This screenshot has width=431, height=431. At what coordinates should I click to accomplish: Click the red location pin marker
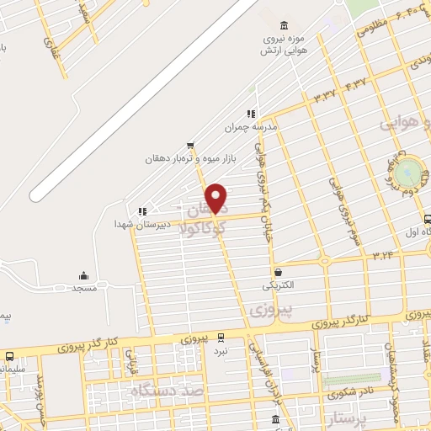(216, 198)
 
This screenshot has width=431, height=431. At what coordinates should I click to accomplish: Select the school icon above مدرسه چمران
(250, 114)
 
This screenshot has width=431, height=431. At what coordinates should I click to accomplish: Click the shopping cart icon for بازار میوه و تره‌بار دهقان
(190, 145)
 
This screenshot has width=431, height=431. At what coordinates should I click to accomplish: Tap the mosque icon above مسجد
(83, 275)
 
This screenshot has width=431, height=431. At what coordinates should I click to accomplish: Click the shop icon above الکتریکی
(279, 272)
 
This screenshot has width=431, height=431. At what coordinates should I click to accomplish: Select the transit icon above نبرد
(221, 336)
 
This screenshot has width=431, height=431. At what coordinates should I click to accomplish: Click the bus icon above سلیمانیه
(9, 356)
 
